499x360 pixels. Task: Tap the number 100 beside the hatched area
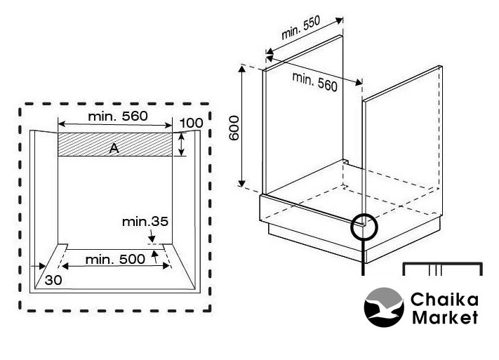[x=191, y=124]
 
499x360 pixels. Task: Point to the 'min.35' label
[x=145, y=222]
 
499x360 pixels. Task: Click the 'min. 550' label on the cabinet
[x=300, y=29]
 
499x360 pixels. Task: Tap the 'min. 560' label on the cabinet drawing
[x=315, y=81]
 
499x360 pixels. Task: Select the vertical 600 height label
[x=234, y=126]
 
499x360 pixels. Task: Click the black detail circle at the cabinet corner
[x=364, y=226]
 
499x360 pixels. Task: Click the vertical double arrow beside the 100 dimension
[x=182, y=145]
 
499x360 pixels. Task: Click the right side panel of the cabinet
[x=404, y=140]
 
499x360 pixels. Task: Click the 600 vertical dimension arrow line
[x=243, y=126]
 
